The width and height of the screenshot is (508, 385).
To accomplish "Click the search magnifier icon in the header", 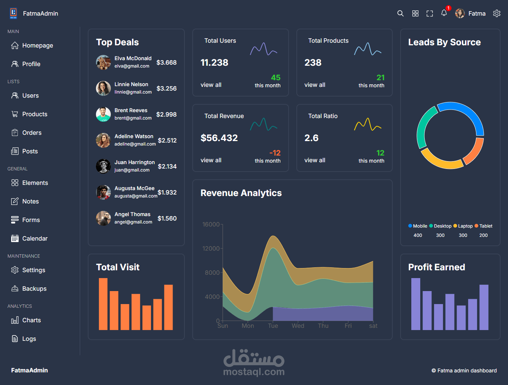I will pos(400,13).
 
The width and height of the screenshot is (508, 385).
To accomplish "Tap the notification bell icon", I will pos(444,13).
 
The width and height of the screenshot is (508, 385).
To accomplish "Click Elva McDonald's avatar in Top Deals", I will pos(103,62).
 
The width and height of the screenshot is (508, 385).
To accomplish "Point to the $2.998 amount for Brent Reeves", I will pos(166,114).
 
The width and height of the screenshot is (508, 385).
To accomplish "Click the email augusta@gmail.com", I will pos(136,196).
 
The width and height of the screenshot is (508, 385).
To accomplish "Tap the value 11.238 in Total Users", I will pos(214,63).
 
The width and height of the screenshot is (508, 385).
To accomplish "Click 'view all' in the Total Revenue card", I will pos(211,160).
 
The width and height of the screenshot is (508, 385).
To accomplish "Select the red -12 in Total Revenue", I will pos(275,153).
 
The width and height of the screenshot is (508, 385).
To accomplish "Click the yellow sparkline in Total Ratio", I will pos(367,124).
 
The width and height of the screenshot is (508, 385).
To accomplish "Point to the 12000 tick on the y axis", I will pos(211,248).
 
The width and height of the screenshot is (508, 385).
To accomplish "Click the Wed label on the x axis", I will pos(298,326).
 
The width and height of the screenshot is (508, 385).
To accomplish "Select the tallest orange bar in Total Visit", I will pos(103,304).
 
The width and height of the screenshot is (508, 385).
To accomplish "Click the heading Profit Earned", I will pos(437,267).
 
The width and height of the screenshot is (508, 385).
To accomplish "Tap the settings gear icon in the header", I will pos(497,13).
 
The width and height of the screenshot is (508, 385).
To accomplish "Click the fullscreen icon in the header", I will pos(430,13).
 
